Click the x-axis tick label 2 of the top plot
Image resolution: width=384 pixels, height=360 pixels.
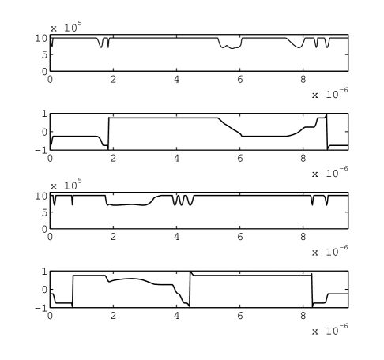point(113,79)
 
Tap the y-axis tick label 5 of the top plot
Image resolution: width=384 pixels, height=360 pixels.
point(44,55)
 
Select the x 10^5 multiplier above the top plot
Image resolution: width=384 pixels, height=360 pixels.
point(66,27)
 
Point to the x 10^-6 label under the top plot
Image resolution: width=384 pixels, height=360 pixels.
point(330,93)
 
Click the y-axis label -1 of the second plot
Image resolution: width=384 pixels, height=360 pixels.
point(41,150)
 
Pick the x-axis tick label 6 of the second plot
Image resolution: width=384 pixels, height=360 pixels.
point(240,158)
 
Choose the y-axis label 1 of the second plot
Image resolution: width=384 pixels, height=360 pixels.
point(44,114)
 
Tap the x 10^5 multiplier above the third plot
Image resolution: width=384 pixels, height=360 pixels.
point(66,184)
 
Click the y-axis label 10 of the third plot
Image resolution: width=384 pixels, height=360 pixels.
point(41,196)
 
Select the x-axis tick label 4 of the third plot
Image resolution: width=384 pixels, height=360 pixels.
point(176,237)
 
